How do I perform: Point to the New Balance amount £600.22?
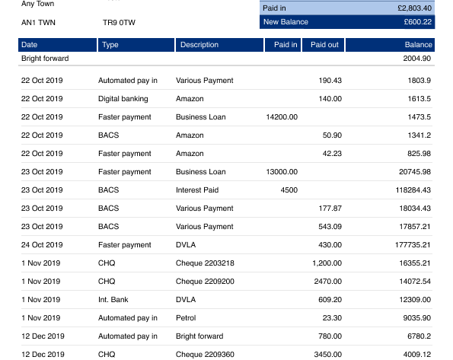pyautogui.click(x=418, y=22)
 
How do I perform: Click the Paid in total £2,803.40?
pyautogui.click(x=415, y=8)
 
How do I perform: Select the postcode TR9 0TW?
pyautogui.click(x=119, y=23)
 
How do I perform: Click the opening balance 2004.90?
pyautogui.click(x=417, y=59)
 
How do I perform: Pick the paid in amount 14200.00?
pyautogui.click(x=282, y=117)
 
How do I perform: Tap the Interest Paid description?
pyautogui.click(x=197, y=190)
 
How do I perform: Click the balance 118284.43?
pyautogui.click(x=413, y=190)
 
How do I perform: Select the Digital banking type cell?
pyautogui.click(x=123, y=99)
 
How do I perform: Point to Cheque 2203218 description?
pyautogui.click(x=205, y=263)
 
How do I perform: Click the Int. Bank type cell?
pyautogui.click(x=113, y=300)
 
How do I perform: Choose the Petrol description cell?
pyautogui.click(x=186, y=318)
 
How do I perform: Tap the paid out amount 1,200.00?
pyautogui.click(x=327, y=263)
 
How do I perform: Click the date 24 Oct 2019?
pyautogui.click(x=42, y=245)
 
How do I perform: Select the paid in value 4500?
pyautogui.click(x=289, y=190)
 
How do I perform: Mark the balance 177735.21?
pyautogui.click(x=413, y=245)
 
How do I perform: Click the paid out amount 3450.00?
pyautogui.click(x=328, y=354)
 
